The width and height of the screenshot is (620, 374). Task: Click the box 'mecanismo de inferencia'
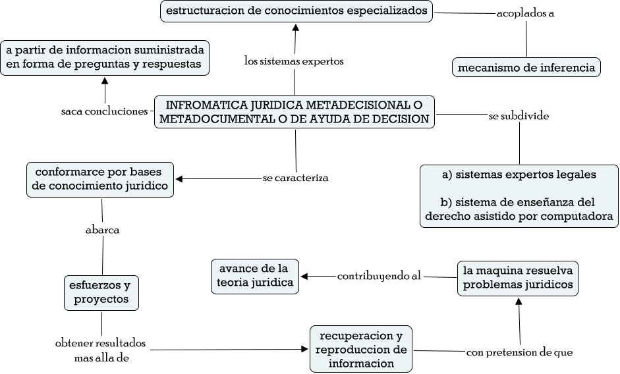[x=526, y=67]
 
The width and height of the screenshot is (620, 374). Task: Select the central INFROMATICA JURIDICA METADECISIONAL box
[x=295, y=112]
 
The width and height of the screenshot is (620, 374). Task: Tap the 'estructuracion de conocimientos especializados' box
[x=296, y=11]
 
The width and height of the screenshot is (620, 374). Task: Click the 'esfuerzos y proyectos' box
[x=102, y=292]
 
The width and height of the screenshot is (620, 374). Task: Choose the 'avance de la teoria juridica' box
[x=254, y=276]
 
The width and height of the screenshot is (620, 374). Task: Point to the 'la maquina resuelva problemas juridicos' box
[x=518, y=278]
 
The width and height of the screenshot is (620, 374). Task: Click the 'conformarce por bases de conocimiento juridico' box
[x=102, y=179]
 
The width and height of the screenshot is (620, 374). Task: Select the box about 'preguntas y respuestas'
[x=105, y=58]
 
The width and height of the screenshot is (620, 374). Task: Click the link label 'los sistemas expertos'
[x=294, y=61]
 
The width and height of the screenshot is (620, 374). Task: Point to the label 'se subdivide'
[x=519, y=116]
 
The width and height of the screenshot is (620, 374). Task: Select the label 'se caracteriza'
[x=295, y=178]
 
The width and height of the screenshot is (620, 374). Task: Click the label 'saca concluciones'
[x=103, y=111]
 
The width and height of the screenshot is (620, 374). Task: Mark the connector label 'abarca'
[x=102, y=230]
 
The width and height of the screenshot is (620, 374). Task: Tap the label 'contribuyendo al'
[x=379, y=276]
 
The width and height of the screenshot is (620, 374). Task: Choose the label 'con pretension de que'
[x=519, y=352]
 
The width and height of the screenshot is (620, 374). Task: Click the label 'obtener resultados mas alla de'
[x=101, y=350]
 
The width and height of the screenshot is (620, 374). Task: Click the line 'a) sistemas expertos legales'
[x=519, y=175]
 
